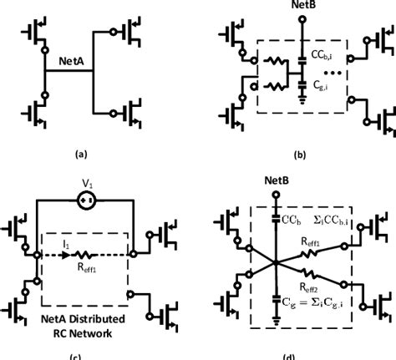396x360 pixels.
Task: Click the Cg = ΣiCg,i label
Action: pyautogui.click(x=324, y=314)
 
